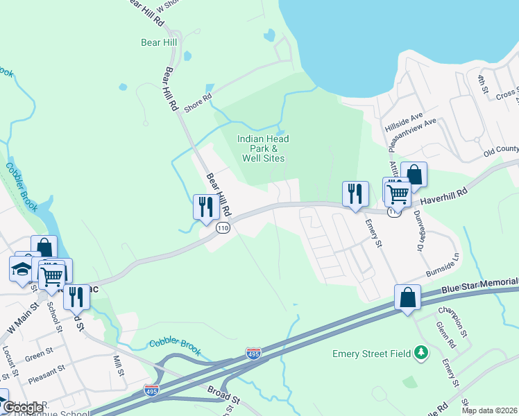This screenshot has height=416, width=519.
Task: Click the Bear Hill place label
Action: (x=159, y=42)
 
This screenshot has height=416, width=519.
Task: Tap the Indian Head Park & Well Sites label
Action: (x=263, y=148)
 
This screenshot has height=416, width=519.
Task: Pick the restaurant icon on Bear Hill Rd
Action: (x=206, y=207)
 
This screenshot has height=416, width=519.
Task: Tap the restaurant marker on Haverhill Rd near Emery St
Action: (x=355, y=193)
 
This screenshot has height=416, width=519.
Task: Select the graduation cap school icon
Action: (x=22, y=268)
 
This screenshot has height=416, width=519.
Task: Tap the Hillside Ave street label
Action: (x=403, y=122)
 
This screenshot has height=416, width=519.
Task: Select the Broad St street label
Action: (x=223, y=400)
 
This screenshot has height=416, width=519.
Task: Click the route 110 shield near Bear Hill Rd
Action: (x=222, y=228)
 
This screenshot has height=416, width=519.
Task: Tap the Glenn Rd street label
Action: (x=445, y=335)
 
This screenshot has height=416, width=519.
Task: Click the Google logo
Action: (x=23, y=408)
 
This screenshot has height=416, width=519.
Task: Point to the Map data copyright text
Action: (x=489, y=410)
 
